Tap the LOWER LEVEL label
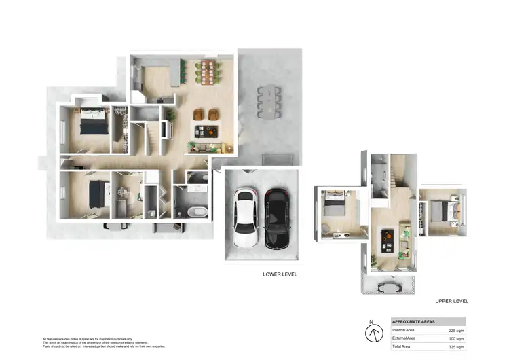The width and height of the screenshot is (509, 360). pyautogui.click(x=280, y=274)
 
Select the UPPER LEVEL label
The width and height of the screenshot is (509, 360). pyautogui.click(x=451, y=300)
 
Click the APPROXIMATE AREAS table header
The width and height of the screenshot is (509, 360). pyautogui.click(x=414, y=321)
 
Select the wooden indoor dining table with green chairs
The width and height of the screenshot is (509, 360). pyautogui.click(x=207, y=71)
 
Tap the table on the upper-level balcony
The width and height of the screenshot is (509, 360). pyautogui.click(x=388, y=286)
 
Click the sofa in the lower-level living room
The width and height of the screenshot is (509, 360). pyautogui.click(x=204, y=147)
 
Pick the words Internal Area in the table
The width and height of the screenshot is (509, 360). pyautogui.click(x=404, y=330)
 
